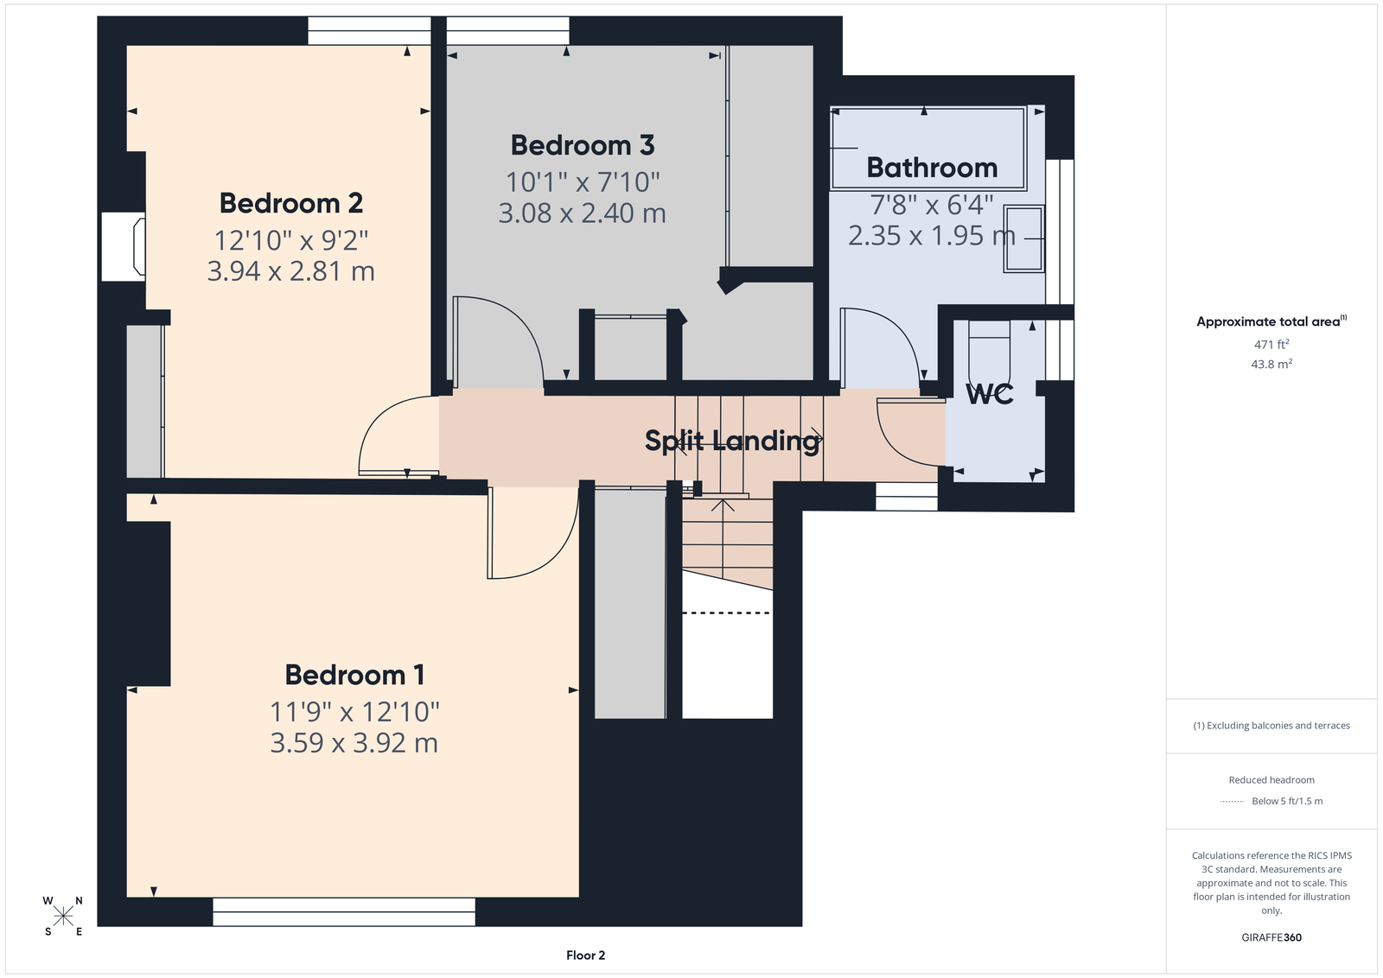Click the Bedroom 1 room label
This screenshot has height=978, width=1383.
pos(354,675)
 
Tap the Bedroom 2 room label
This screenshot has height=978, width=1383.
pos(290,204)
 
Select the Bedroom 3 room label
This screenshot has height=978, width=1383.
pos(583,146)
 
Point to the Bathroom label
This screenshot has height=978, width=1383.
pos(932,168)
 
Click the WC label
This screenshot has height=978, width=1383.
pos(989,394)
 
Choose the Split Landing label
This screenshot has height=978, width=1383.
pos(733,441)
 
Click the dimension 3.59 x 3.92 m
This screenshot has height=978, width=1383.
pos(354,743)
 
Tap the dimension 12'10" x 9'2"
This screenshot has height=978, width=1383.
pos(290,240)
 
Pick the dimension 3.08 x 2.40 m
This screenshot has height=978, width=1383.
pos(583,213)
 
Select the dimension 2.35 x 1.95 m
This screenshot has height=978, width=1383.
pos(932,236)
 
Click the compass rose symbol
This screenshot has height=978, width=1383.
pos(63,917)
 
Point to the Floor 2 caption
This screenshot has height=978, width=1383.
pos(585,956)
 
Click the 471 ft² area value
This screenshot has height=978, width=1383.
pos(1271,345)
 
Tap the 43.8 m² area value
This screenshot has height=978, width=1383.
pos(1271,364)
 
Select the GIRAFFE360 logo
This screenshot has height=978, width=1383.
pos(1271,937)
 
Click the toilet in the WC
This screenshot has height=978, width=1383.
pos(989,352)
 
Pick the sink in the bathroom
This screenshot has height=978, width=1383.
pos(1023,238)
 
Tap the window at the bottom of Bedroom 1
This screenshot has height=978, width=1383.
pos(344,912)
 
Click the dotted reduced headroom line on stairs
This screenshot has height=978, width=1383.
pos(727,613)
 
